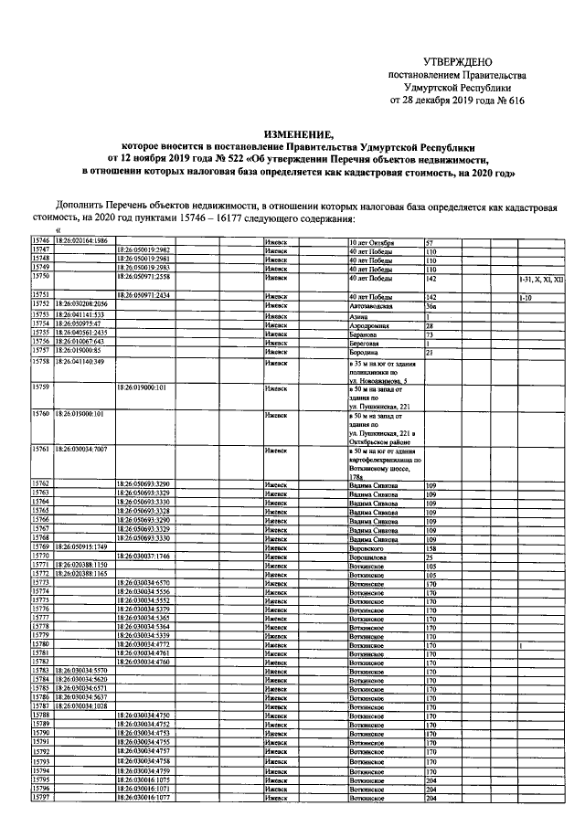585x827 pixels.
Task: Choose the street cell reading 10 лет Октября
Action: point(378,241)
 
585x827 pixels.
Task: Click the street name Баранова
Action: point(367,334)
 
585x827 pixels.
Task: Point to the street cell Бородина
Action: point(367,351)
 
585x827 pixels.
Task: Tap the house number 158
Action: point(432,546)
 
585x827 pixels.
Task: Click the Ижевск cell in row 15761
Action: point(276,450)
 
